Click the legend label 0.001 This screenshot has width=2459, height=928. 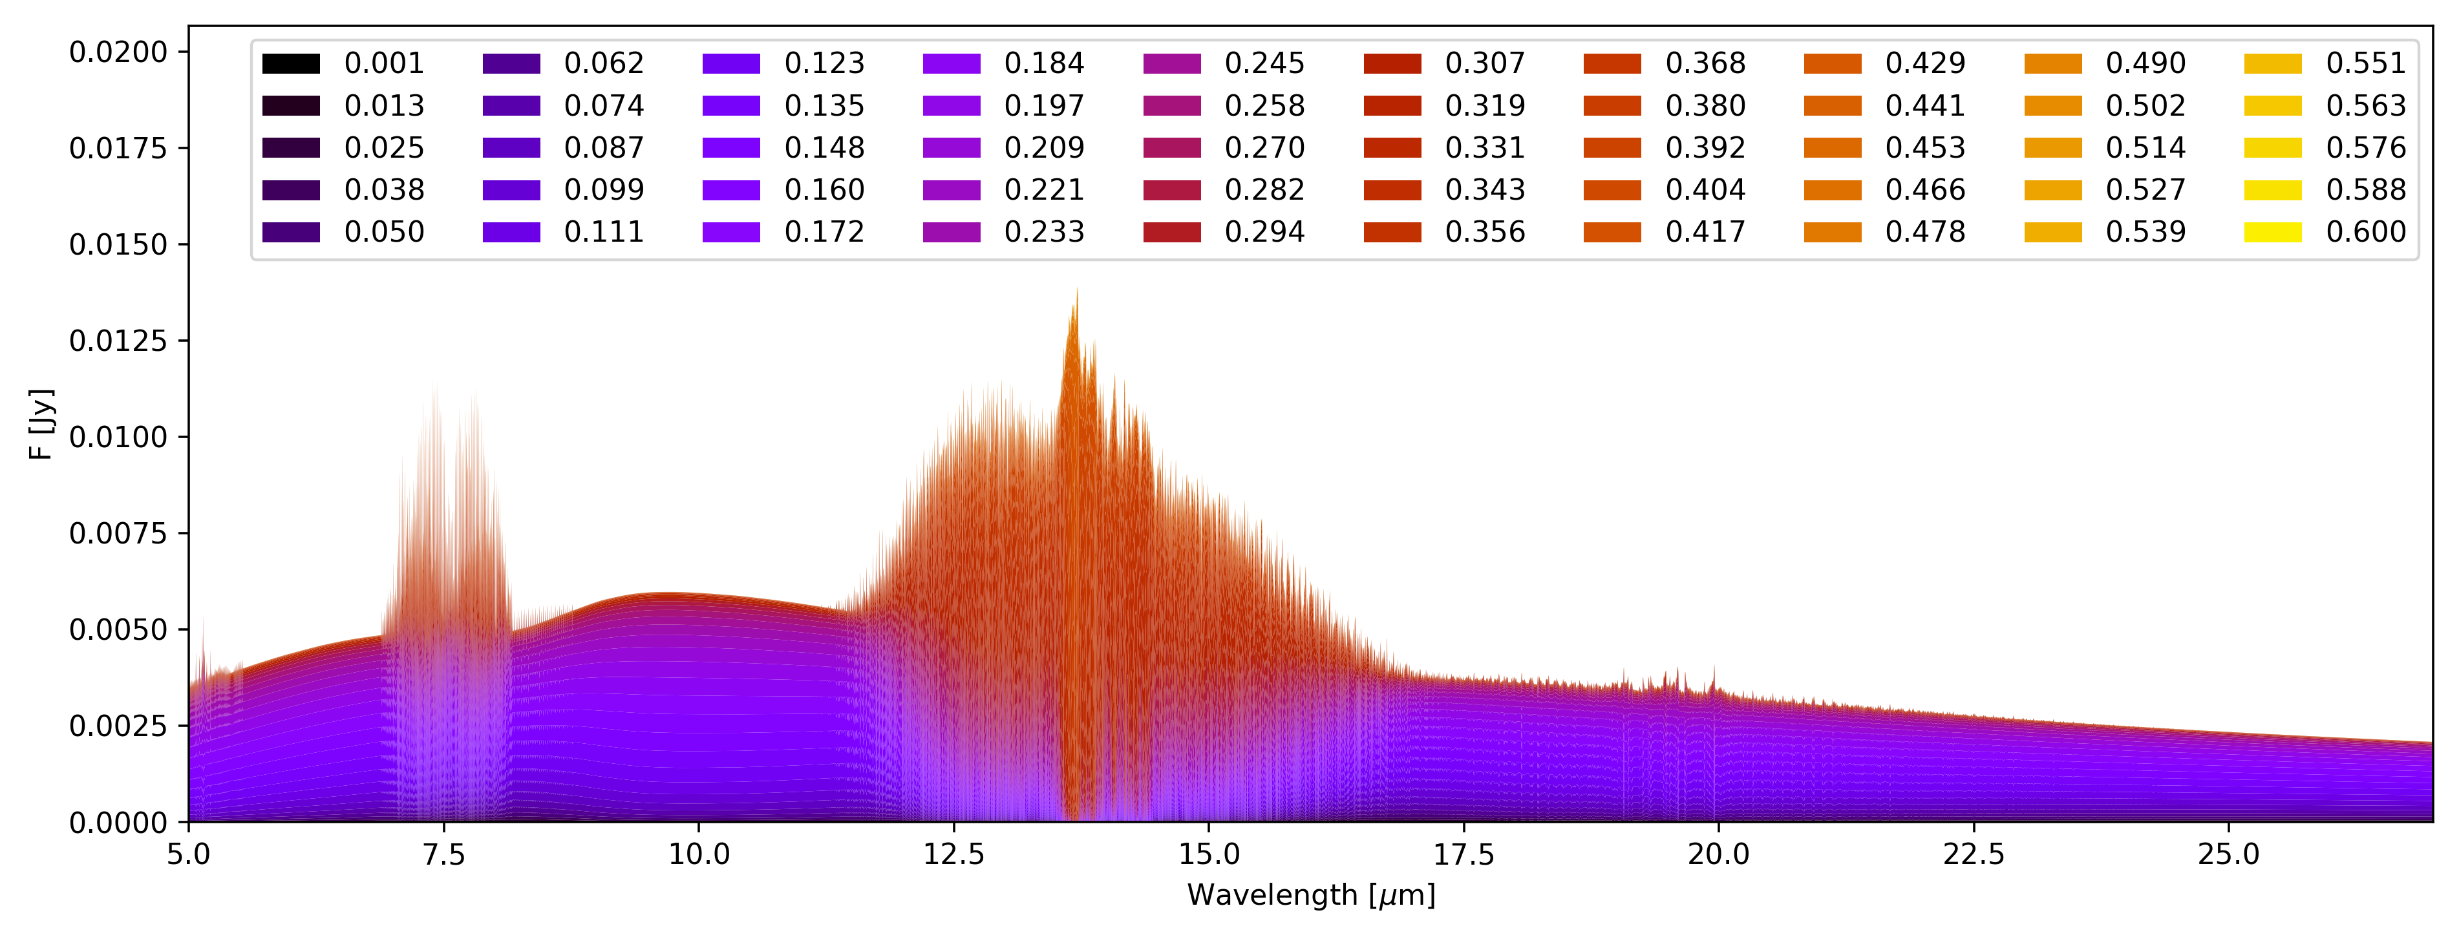click(x=384, y=63)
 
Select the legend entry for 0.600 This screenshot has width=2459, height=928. click(x=2365, y=232)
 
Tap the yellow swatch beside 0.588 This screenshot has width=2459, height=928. click(x=2273, y=190)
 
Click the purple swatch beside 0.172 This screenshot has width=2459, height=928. click(x=731, y=232)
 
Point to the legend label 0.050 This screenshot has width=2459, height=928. click(x=384, y=232)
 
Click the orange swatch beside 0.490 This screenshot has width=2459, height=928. click(x=2052, y=64)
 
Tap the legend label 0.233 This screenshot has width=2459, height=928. click(x=1045, y=232)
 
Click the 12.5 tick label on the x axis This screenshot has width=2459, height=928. click(x=953, y=854)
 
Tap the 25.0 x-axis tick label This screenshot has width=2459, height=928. click(x=2229, y=854)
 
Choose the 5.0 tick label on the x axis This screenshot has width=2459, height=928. click(x=189, y=854)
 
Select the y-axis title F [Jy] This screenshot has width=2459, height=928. click(x=41, y=424)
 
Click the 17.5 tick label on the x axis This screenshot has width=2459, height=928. click(x=1464, y=854)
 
